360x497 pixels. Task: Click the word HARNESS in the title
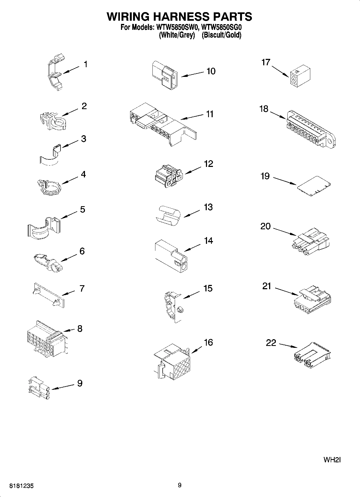point(179,17)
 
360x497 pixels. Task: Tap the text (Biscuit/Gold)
point(221,35)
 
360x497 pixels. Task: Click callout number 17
point(266,62)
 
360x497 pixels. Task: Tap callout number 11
point(210,114)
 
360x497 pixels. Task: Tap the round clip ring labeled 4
point(49,187)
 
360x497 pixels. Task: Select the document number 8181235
point(22,486)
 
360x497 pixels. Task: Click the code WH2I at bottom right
point(332,460)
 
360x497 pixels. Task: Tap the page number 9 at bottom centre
point(180,485)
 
